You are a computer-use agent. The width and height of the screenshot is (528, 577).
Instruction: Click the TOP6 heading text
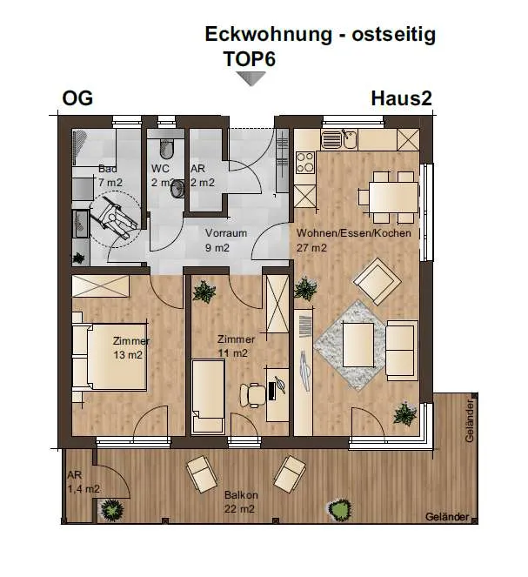click(250, 59)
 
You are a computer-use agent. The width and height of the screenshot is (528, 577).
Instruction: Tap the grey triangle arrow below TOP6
click(251, 78)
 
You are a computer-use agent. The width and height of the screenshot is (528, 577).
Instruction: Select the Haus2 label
click(401, 98)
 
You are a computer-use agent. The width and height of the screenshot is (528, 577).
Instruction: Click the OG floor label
click(77, 98)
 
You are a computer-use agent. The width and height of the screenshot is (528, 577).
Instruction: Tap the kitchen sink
click(338, 139)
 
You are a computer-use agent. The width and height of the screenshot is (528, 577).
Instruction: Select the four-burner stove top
click(305, 163)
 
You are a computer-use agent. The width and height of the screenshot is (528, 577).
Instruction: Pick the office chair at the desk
click(252, 395)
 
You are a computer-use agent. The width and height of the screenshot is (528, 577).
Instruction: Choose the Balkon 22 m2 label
click(241, 502)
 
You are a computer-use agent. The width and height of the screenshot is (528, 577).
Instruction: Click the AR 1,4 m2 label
click(84, 482)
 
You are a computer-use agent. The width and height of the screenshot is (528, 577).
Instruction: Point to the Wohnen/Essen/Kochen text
click(354, 233)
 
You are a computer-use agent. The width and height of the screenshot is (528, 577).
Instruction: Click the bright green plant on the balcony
click(338, 510)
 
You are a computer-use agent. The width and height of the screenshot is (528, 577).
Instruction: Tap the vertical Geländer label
click(470, 420)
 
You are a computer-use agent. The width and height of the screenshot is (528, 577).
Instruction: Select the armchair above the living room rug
click(377, 281)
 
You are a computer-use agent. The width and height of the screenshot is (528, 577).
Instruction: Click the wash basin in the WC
click(178, 188)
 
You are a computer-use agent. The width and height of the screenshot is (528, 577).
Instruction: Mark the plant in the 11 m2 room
click(204, 292)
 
